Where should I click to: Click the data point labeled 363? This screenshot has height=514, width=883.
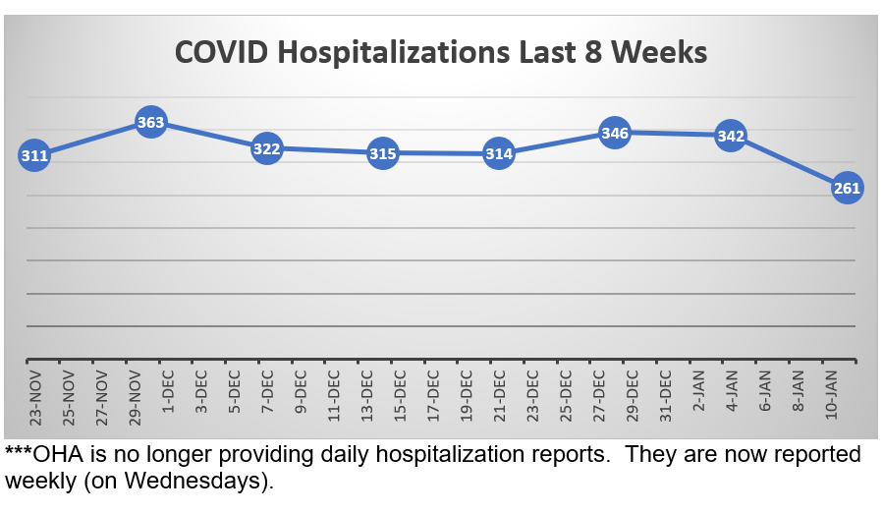tap(150, 123)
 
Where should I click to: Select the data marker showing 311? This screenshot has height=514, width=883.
tap(33, 155)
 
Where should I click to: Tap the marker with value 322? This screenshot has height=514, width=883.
tap(266, 149)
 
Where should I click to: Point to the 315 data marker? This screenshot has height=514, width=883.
tap(382, 153)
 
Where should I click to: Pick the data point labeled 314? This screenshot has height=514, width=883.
tap(499, 154)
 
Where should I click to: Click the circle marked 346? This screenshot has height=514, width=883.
tap(615, 133)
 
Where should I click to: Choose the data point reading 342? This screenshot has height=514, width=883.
tap(731, 136)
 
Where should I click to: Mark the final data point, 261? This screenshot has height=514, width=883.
tap(847, 188)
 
